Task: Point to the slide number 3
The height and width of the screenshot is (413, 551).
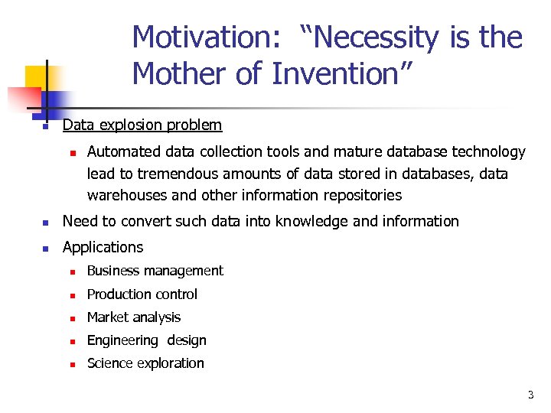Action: pyautogui.click(x=530, y=395)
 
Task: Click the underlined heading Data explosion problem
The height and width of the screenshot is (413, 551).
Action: pyautogui.click(x=142, y=125)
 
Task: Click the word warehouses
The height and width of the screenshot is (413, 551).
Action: pyautogui.click(x=126, y=195)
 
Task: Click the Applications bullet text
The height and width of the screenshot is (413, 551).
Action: pyautogui.click(x=103, y=247)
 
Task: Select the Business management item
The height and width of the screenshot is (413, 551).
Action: pyautogui.click(x=155, y=271)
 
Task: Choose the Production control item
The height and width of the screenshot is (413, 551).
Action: pyautogui.click(x=142, y=294)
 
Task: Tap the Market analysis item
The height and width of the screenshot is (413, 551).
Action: pyautogui.click(x=134, y=317)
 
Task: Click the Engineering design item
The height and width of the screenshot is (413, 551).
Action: pyautogui.click(x=147, y=340)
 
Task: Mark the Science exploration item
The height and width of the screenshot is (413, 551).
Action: pyautogui.click(x=145, y=363)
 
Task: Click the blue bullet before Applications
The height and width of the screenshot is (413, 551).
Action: pyautogui.click(x=46, y=249)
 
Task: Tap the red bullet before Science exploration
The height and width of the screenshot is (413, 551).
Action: pyautogui.click(x=71, y=365)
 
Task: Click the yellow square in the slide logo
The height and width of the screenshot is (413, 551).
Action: pyautogui.click(x=37, y=77)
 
